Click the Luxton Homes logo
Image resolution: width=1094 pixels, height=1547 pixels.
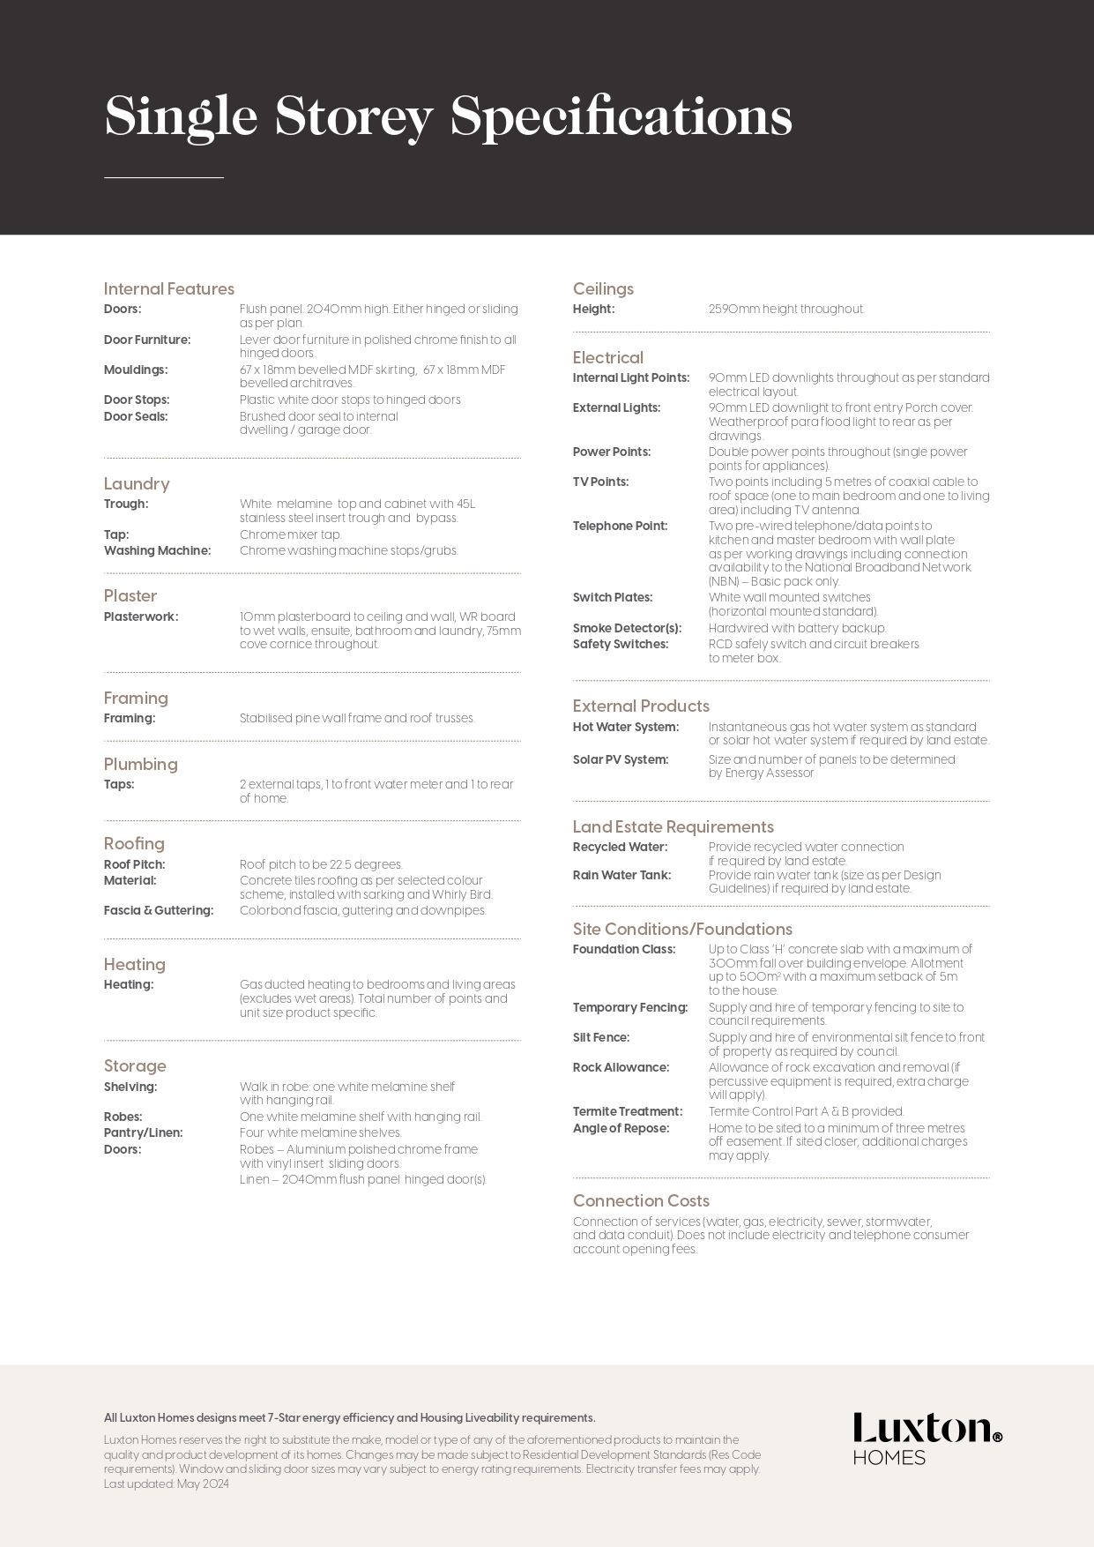(927, 1439)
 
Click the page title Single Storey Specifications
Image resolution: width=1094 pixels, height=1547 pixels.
(448, 116)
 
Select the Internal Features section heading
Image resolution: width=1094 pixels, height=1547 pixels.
(169, 288)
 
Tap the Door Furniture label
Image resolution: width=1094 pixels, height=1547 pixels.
(147, 340)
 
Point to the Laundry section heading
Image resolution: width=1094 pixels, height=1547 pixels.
(137, 483)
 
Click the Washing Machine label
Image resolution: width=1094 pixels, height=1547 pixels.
(158, 550)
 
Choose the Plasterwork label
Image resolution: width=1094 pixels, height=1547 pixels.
(141, 617)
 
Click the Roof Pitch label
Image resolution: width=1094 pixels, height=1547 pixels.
(135, 864)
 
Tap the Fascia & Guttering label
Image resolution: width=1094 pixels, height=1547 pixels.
(159, 910)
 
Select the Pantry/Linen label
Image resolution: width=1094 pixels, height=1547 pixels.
(144, 1132)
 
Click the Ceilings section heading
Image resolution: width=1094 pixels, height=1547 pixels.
(603, 288)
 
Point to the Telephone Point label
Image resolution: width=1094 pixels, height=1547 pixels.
(621, 526)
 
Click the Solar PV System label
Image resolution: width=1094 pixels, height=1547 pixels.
(621, 759)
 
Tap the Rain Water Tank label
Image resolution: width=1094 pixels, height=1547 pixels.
(622, 875)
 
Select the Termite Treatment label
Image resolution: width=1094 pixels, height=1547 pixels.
(628, 1111)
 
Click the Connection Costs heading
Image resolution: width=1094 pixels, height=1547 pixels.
(641, 1200)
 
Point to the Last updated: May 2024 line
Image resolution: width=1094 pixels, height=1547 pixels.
(167, 1483)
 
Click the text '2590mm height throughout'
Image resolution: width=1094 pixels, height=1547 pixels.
(786, 309)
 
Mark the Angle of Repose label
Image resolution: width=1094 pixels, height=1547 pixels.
(621, 1128)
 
